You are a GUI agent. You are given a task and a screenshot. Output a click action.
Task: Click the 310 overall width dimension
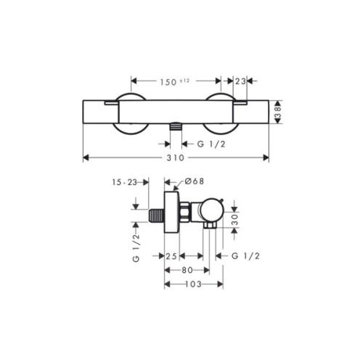coord(176,158)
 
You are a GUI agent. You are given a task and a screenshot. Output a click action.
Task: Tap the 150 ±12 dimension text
coord(174,82)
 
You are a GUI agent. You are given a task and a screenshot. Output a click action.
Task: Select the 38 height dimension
coord(279,113)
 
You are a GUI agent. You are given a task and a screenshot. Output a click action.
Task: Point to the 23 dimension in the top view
coord(240,81)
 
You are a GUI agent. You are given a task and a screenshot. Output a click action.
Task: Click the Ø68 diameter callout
coord(195,181)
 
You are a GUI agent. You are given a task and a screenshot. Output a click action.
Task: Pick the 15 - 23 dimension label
coord(125,182)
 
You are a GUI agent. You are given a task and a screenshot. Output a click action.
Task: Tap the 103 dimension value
coord(193,284)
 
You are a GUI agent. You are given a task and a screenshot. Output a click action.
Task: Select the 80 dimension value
coord(187,270)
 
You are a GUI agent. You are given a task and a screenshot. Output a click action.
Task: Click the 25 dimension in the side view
coord(171,256)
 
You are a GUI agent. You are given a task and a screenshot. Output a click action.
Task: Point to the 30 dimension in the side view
coord(235,220)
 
